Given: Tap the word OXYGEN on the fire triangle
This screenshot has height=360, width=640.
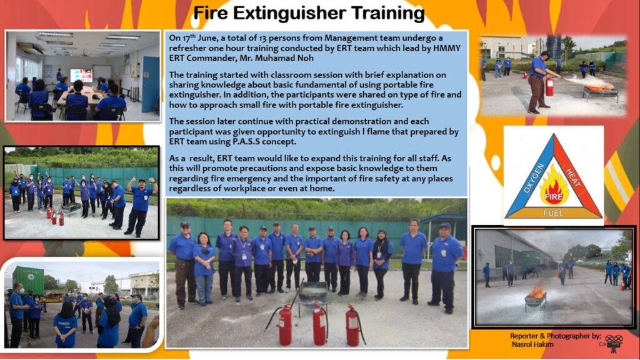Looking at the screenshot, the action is click(x=534, y=178).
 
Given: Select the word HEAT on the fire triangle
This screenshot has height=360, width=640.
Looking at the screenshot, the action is click(x=572, y=177).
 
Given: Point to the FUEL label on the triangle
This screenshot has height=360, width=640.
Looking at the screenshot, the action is click(x=553, y=213).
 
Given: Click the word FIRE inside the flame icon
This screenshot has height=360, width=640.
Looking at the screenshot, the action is click(x=554, y=197).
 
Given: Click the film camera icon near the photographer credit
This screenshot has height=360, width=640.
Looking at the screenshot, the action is click(x=612, y=343).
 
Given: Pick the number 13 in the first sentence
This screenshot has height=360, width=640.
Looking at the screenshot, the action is click(x=264, y=38).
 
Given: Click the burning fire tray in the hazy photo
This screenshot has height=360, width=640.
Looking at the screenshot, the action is click(x=536, y=297).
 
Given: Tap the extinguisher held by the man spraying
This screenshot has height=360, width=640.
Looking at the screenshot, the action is click(x=549, y=86).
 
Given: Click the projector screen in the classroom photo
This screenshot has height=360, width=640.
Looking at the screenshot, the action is click(x=81, y=75).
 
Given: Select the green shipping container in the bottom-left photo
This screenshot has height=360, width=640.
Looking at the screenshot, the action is click(x=28, y=279).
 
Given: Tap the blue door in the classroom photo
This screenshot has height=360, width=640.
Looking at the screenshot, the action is click(x=150, y=85).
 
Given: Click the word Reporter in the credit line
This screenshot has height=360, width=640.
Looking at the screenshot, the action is click(x=523, y=336).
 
